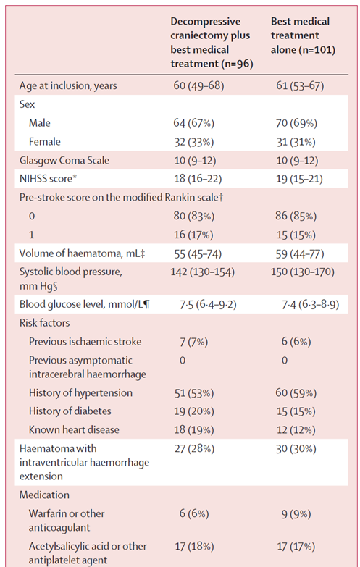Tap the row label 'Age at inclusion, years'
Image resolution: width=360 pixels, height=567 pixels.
pos(68,86)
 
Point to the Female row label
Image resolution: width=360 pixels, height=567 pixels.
pos(45,142)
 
